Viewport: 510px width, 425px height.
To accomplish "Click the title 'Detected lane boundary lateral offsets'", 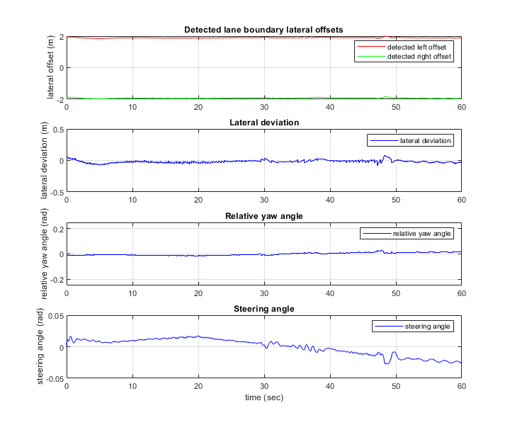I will tap(264, 30).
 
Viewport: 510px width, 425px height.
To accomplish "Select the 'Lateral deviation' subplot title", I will tap(264, 123).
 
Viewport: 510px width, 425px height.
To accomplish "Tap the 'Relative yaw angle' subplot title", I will tap(264, 215).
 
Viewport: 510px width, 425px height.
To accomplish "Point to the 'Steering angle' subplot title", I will tap(264, 308).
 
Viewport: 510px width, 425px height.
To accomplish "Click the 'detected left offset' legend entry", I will tap(414, 47).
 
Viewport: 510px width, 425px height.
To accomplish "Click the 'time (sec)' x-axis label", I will tap(264, 399).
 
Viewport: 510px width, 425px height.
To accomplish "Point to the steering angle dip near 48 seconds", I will tap(387, 363).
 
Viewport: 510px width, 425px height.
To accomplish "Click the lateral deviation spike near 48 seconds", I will tap(385, 156).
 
